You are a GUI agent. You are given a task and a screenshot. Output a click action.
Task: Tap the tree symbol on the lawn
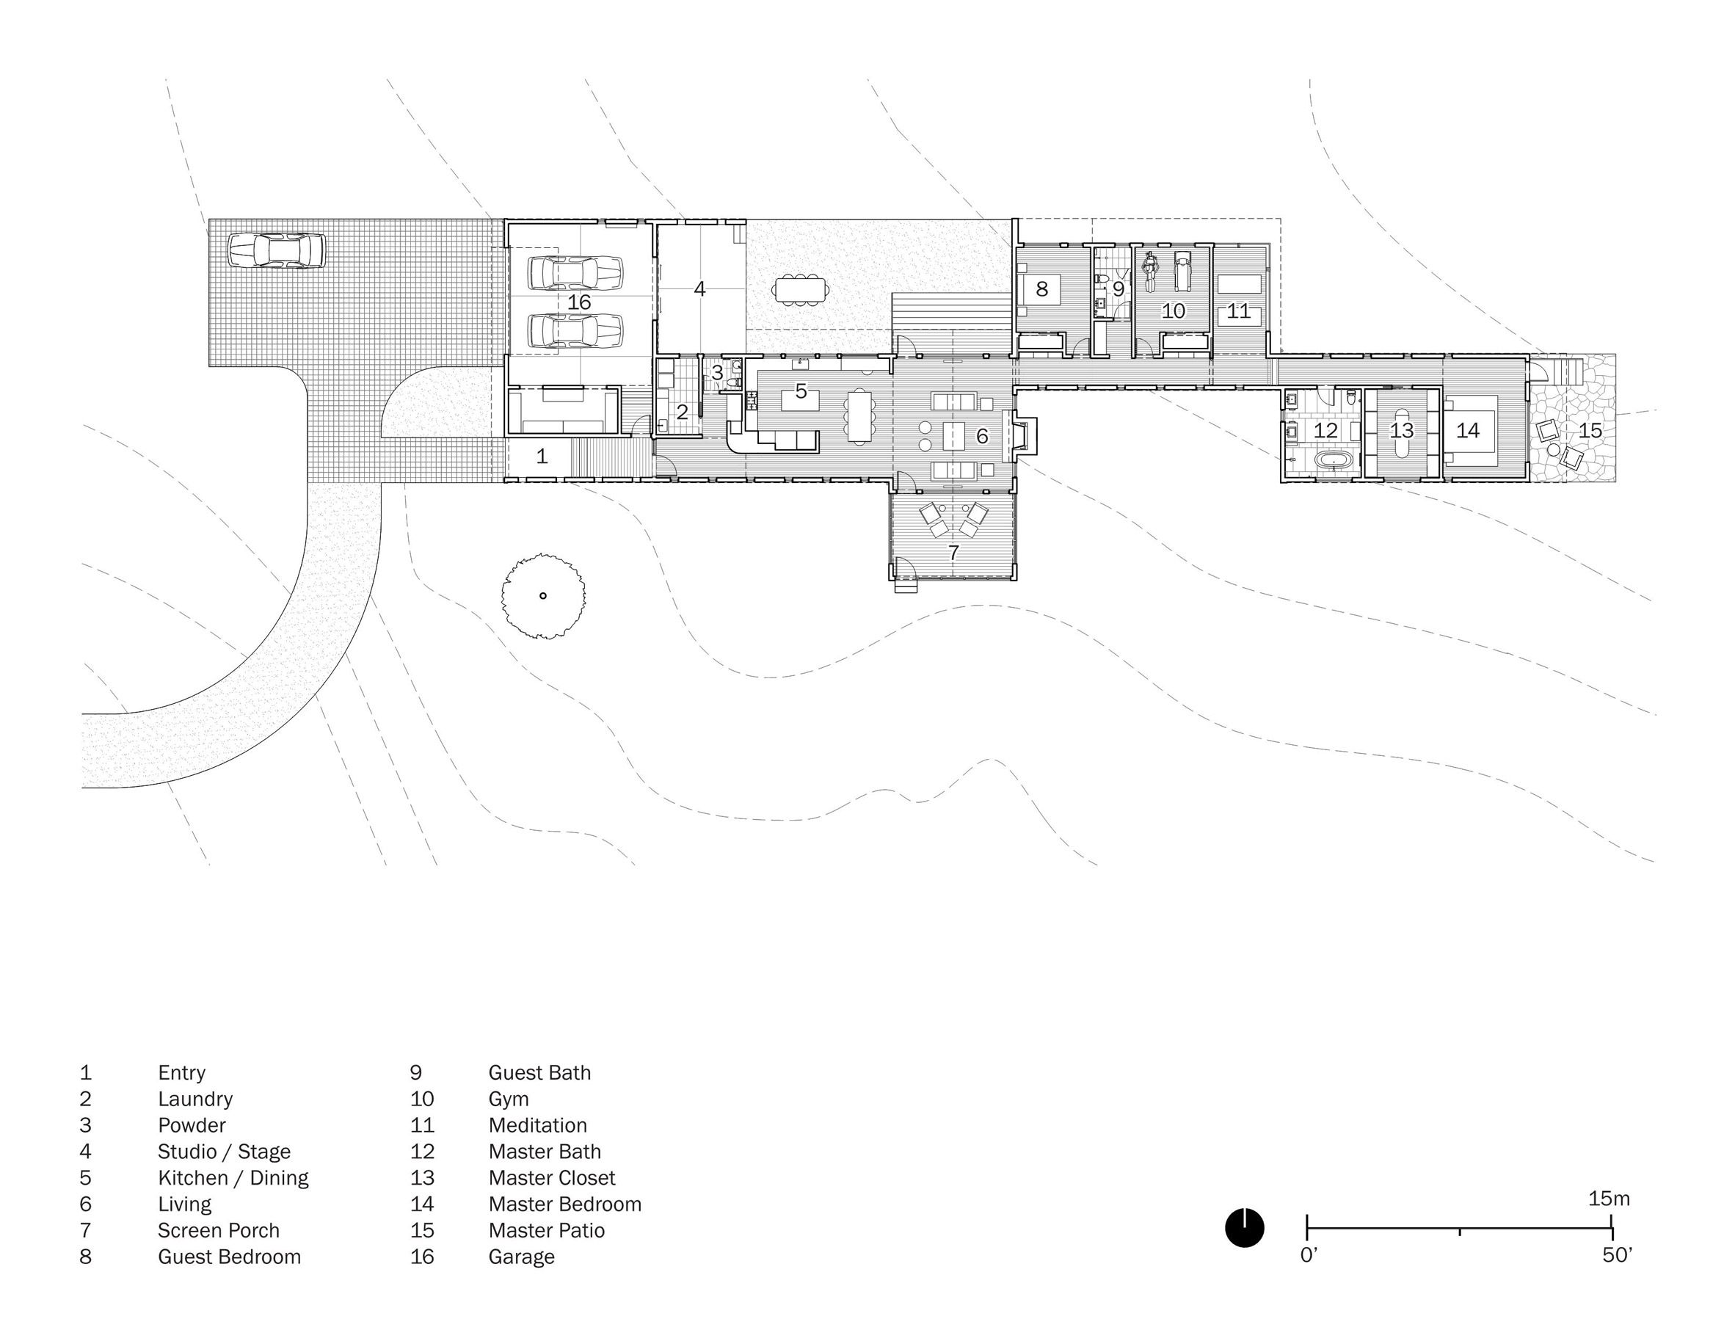coord(543,596)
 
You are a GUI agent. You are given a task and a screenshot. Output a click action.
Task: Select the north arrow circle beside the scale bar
coord(1244,1227)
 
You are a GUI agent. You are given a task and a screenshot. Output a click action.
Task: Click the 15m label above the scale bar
coord(1609,1199)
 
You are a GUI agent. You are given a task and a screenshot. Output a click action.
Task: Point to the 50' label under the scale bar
coord(1617,1256)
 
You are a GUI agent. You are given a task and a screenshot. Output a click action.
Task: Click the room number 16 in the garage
coord(579,302)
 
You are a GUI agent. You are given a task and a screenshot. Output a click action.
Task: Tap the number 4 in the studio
coord(699,289)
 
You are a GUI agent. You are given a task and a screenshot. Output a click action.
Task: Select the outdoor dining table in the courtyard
coord(801,289)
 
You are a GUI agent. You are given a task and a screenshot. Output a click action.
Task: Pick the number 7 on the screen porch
coord(953,552)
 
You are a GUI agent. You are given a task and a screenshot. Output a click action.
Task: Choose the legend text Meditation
coord(538,1126)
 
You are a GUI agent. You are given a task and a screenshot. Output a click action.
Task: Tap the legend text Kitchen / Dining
coord(233,1178)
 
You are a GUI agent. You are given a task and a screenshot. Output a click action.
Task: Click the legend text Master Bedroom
coord(565,1204)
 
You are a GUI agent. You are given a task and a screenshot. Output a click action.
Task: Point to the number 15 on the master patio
coord(1590,431)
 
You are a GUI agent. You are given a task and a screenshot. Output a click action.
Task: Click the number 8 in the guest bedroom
coord(1041,289)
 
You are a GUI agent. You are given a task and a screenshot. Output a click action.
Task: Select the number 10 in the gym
coord(1174,310)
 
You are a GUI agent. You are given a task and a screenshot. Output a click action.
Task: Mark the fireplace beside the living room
coord(1024,435)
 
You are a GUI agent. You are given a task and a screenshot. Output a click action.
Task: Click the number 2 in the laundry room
coord(682,413)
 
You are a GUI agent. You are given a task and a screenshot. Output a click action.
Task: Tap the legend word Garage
coord(521,1257)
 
